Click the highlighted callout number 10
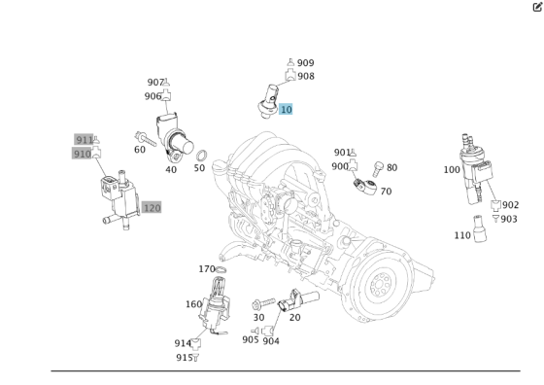tap(286, 110)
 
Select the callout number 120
tap(152, 208)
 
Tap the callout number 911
tap(83, 140)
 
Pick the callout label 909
tap(305, 63)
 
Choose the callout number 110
tap(462, 236)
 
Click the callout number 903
tap(509, 220)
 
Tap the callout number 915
tap(183, 358)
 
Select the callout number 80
tap(391, 168)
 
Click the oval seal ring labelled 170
tap(221, 269)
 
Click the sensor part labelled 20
tap(292, 302)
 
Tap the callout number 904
tap(271, 340)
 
